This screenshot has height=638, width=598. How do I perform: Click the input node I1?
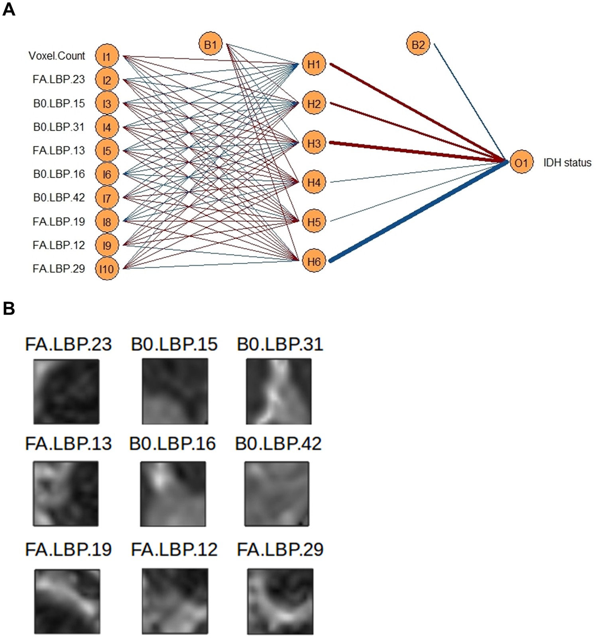click(107, 56)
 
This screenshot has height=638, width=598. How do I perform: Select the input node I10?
click(107, 269)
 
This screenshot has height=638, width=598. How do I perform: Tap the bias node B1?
click(210, 44)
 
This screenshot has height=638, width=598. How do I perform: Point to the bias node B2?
click(418, 44)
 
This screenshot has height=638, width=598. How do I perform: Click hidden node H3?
click(314, 143)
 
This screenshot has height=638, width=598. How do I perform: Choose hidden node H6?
click(314, 261)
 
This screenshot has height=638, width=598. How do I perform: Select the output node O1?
click(521, 162)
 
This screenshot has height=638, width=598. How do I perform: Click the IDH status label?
click(567, 162)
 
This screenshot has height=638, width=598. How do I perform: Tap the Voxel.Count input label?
click(57, 56)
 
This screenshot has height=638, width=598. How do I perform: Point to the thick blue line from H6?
click(419, 211)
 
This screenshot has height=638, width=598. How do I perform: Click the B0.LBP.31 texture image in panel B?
click(279, 391)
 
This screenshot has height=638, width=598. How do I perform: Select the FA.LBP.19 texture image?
click(67, 601)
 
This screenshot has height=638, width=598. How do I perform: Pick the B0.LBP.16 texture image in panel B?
click(173, 493)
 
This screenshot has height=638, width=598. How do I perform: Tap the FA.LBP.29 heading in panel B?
click(280, 550)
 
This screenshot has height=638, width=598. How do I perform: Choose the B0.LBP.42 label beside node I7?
click(59, 198)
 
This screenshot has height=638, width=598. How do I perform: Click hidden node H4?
click(314, 182)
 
